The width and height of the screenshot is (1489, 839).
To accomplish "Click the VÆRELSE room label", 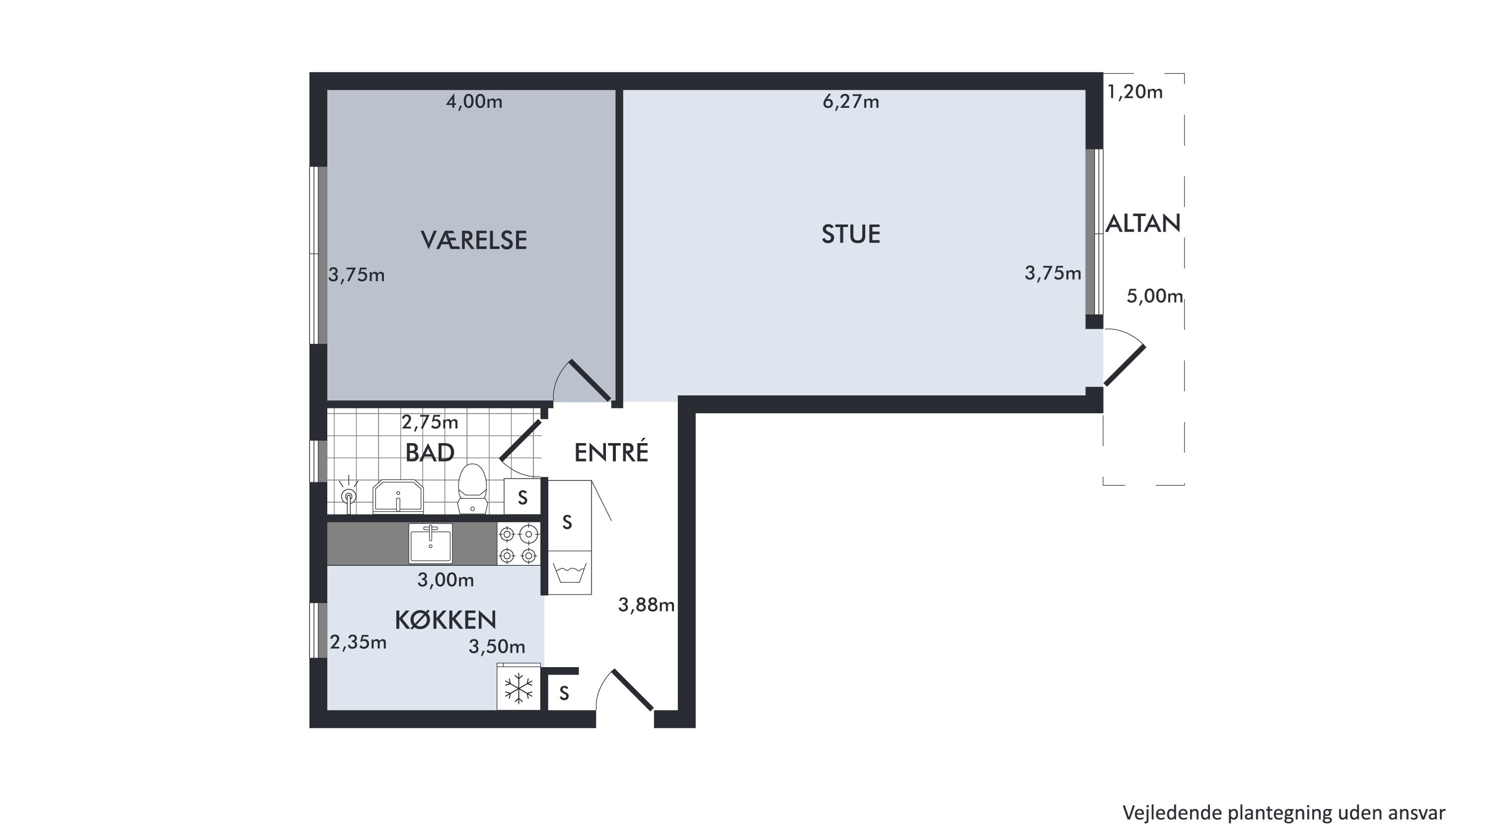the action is tap(473, 240).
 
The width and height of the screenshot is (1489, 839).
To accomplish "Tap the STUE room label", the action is tap(850, 234).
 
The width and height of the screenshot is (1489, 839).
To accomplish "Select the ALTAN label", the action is tap(1143, 223).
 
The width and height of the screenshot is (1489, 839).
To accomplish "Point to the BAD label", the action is tap(430, 453).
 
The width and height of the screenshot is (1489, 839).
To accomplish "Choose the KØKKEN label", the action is tap(445, 620).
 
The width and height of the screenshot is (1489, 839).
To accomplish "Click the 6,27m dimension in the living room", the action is tap(850, 102).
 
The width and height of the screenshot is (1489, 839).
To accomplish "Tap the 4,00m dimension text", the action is tap(474, 102).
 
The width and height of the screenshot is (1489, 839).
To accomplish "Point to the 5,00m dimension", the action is tap(1154, 296).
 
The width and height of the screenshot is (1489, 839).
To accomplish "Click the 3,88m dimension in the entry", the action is tap(646, 605).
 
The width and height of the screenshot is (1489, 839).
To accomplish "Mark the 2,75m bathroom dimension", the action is tap(430, 423).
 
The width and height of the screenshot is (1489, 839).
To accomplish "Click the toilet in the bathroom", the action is tap(472, 489).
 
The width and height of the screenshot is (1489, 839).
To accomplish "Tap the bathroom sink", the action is tap(398, 496).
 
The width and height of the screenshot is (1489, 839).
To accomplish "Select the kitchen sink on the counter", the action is tap(430, 543).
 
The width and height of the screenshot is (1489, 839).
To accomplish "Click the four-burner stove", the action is tap(519, 543).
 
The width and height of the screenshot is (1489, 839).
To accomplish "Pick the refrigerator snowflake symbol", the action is tap(519, 688).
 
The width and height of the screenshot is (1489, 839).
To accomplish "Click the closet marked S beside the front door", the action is tap(564, 693).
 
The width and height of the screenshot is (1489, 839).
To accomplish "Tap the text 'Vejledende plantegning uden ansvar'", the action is tap(1284, 812).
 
